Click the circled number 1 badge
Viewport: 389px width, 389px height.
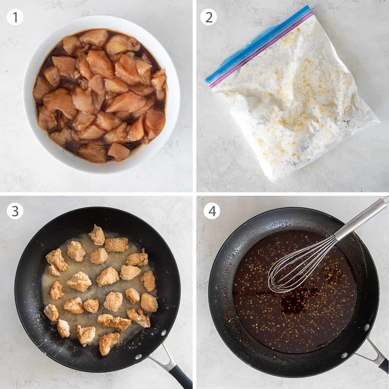(15, 17)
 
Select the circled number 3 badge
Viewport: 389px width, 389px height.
(15, 211)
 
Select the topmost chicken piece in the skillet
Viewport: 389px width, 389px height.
(97, 234)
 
